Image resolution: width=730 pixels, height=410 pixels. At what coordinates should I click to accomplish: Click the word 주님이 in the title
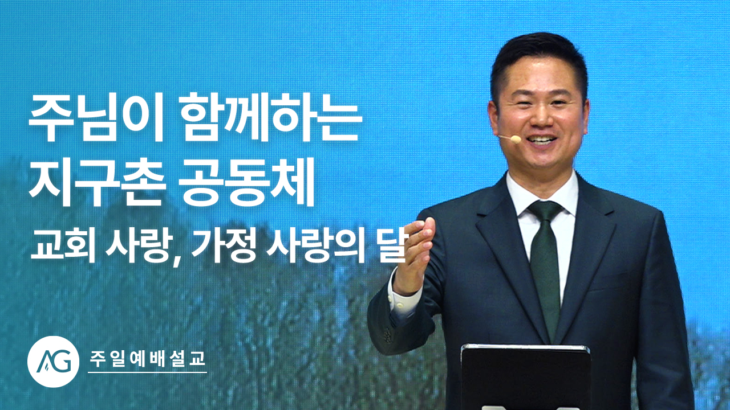(95, 119)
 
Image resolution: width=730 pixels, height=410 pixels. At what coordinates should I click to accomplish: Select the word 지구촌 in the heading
(95, 182)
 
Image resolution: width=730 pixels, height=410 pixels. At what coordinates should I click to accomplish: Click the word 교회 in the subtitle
(62, 248)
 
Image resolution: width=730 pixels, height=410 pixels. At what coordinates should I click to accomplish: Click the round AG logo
(54, 362)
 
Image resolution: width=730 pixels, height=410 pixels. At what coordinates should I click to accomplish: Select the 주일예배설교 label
(147, 359)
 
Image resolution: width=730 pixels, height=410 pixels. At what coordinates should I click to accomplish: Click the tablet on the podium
(525, 378)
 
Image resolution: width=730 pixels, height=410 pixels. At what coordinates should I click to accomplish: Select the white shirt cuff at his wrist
(403, 300)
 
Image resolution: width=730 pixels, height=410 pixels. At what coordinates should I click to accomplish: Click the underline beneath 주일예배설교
(147, 372)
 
